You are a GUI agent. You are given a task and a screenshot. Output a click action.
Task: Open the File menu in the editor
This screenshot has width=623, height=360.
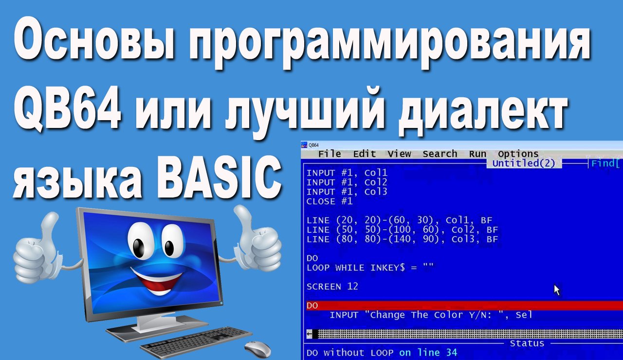click(330, 154)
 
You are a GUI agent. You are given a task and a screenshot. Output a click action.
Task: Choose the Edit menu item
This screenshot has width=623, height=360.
click(364, 154)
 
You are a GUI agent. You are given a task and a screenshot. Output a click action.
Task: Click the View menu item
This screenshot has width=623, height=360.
click(399, 154)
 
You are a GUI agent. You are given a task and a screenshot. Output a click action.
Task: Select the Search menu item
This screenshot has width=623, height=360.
click(440, 154)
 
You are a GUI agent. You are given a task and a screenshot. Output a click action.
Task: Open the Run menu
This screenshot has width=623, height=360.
click(477, 154)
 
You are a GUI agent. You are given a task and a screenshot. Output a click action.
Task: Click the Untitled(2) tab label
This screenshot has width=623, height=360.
click(524, 163)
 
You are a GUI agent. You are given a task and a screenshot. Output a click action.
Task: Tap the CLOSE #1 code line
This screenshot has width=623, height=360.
click(330, 201)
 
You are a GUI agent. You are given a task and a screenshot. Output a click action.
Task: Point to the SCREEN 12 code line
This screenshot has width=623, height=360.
click(332, 287)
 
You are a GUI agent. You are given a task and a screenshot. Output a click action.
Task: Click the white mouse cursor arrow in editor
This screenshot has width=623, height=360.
click(557, 289)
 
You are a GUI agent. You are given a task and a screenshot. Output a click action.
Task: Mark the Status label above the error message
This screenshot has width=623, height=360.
click(527, 343)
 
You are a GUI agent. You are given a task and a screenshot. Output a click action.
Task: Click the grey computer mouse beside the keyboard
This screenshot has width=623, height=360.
click(257, 348)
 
